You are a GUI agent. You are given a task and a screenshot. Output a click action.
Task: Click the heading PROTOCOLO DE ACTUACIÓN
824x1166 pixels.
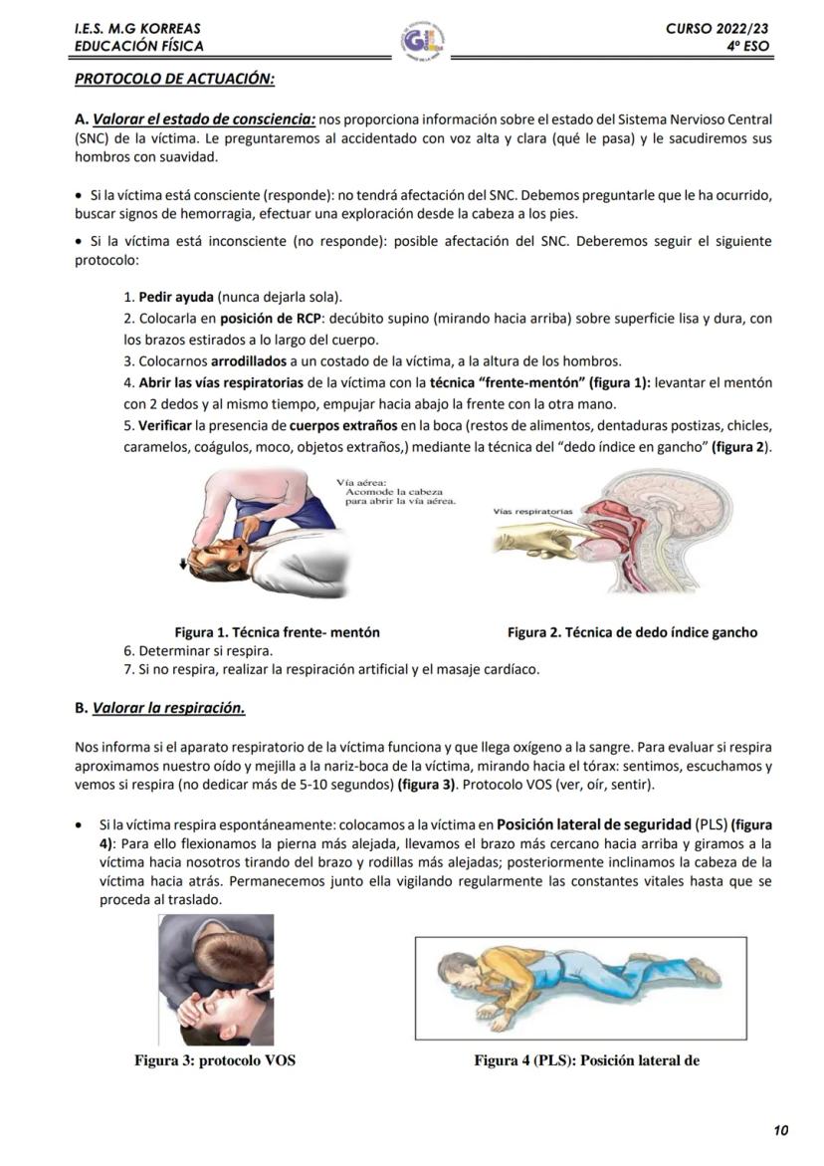pyautogui.click(x=174, y=78)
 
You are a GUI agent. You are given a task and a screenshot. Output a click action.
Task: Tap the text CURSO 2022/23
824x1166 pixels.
pyautogui.click(x=718, y=29)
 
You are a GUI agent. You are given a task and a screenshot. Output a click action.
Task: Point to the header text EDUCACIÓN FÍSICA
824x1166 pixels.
pyautogui.click(x=138, y=46)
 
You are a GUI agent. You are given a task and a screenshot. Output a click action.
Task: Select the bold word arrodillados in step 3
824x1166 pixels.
pyautogui.click(x=249, y=360)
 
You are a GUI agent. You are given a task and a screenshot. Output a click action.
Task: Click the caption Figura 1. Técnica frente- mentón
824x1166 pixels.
pyautogui.click(x=277, y=632)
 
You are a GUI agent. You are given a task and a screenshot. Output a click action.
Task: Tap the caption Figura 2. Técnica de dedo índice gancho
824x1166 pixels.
pyautogui.click(x=632, y=632)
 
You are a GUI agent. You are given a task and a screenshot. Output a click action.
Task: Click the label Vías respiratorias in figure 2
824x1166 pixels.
pyautogui.click(x=533, y=511)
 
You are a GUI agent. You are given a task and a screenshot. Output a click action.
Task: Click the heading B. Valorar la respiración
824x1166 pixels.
pyautogui.click(x=160, y=708)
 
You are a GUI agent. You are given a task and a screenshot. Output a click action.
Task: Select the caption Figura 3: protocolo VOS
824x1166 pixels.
pyautogui.click(x=215, y=1060)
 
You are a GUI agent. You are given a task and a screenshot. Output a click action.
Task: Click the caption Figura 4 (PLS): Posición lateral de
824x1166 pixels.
pyautogui.click(x=586, y=1060)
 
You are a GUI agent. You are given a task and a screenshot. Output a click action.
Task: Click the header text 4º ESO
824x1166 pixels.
pyautogui.click(x=747, y=46)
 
